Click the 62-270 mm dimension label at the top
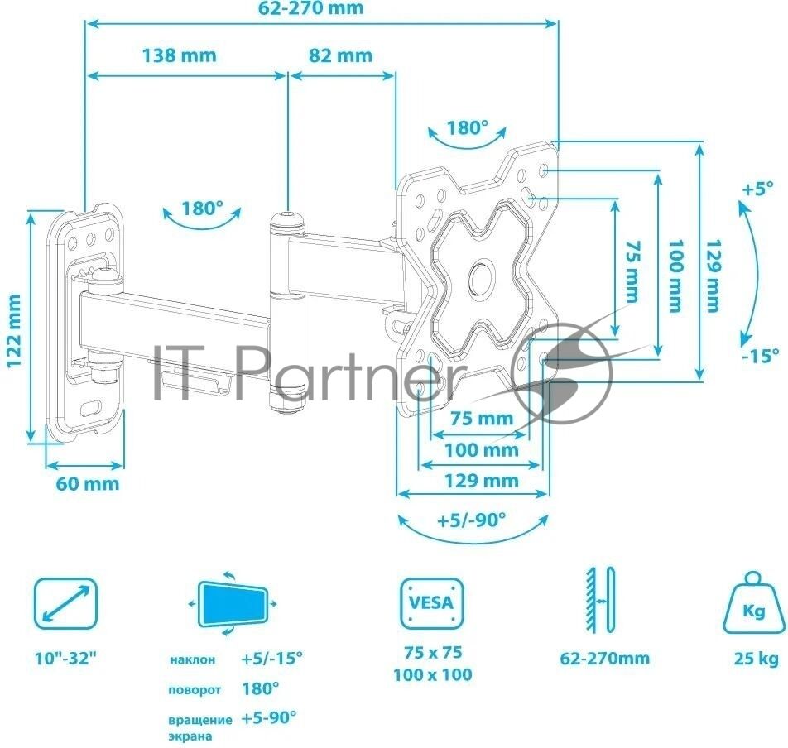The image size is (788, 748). (310, 8)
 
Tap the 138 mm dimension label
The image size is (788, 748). (180, 55)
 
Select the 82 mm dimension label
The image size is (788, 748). (340, 55)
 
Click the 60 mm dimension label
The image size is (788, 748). (88, 484)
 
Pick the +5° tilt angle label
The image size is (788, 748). (758, 189)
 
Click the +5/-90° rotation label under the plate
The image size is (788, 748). (471, 520)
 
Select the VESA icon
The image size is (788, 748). (432, 603)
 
